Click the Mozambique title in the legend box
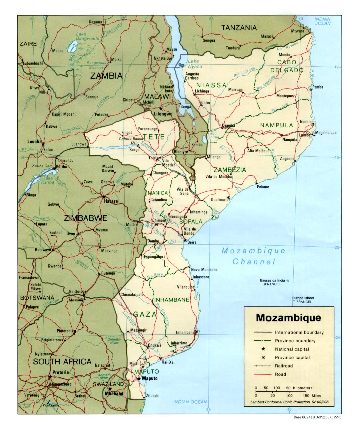pyautogui.click(x=289, y=318)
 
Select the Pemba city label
pyautogui.click(x=317, y=87)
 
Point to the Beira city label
pyautogui.click(x=192, y=242)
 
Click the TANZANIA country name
pyautogui.click(x=239, y=28)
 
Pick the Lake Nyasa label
pyautogui.click(x=195, y=64)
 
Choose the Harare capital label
pyautogui.click(x=111, y=201)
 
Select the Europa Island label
pyautogui.click(x=303, y=298)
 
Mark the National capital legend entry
pyautogui.click(x=292, y=349)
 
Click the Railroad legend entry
pyautogui.click(x=284, y=366)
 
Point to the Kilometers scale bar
pyautogui.click(x=284, y=388)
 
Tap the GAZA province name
pyautogui.click(x=145, y=314)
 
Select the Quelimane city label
pyautogui.click(x=220, y=200)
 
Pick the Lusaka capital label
pyautogui.click(x=34, y=142)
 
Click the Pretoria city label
pyautogui.click(x=60, y=372)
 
